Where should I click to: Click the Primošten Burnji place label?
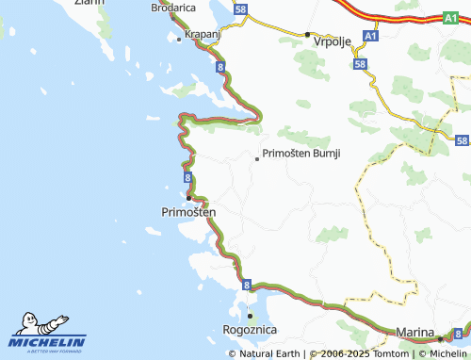tap(301, 153)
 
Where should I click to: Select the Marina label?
tap(414, 333)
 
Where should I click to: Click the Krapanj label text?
tap(203, 34)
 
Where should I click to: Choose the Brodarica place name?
tap(173, 8)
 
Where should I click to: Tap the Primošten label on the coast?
tap(182, 212)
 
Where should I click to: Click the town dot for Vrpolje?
tap(307, 35)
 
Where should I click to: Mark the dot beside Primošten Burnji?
tap(257, 158)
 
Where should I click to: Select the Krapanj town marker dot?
tap(179, 39)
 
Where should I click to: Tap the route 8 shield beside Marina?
tap(457, 333)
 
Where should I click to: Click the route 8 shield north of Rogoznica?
tap(246, 284)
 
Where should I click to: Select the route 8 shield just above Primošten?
tap(189, 176)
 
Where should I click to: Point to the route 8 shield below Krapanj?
tap(220, 69)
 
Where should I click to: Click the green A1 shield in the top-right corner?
tap(450, 17)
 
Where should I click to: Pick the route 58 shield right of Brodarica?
tap(242, 8)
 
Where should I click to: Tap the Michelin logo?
tap(48, 334)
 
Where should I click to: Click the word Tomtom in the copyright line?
tap(391, 354)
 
